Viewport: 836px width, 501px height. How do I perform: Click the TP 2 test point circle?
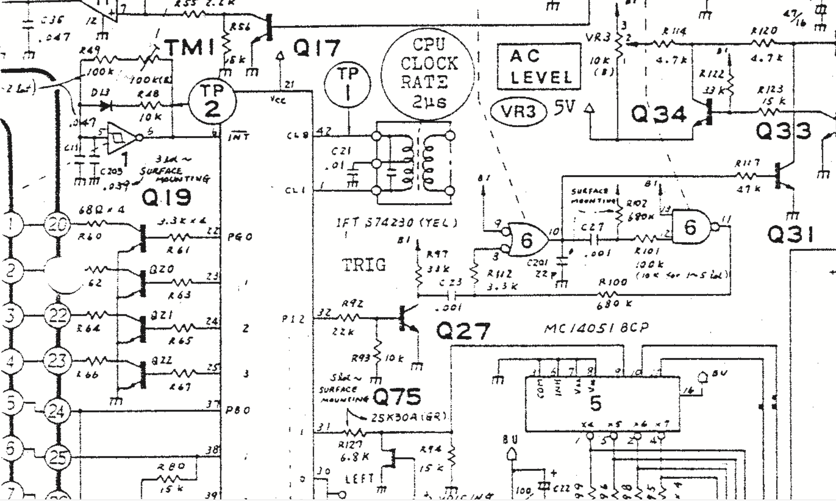[x=212, y=101]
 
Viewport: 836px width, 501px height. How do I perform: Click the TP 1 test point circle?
[x=348, y=84]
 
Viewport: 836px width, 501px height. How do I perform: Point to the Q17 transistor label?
[x=317, y=48]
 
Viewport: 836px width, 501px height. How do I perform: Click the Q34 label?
[x=659, y=114]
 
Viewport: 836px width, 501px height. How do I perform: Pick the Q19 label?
[x=166, y=197]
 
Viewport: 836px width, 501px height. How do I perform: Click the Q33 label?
[x=783, y=131]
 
